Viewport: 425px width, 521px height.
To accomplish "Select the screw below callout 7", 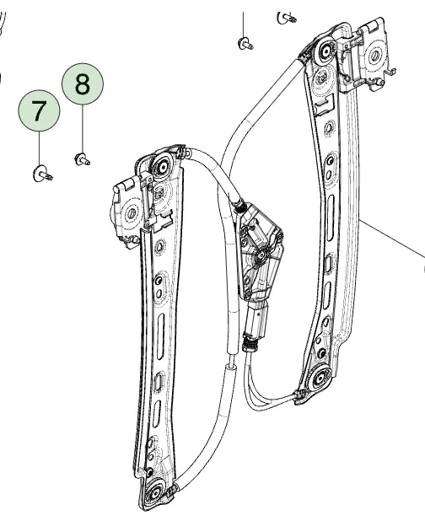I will coord(41,174).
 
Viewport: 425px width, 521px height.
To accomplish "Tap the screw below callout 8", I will coord(83,157).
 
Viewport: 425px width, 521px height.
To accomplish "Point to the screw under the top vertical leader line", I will coord(245,44).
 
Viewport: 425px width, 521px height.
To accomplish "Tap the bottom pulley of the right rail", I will coord(320,380).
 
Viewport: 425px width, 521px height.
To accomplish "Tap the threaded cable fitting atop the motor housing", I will coord(241,204).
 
